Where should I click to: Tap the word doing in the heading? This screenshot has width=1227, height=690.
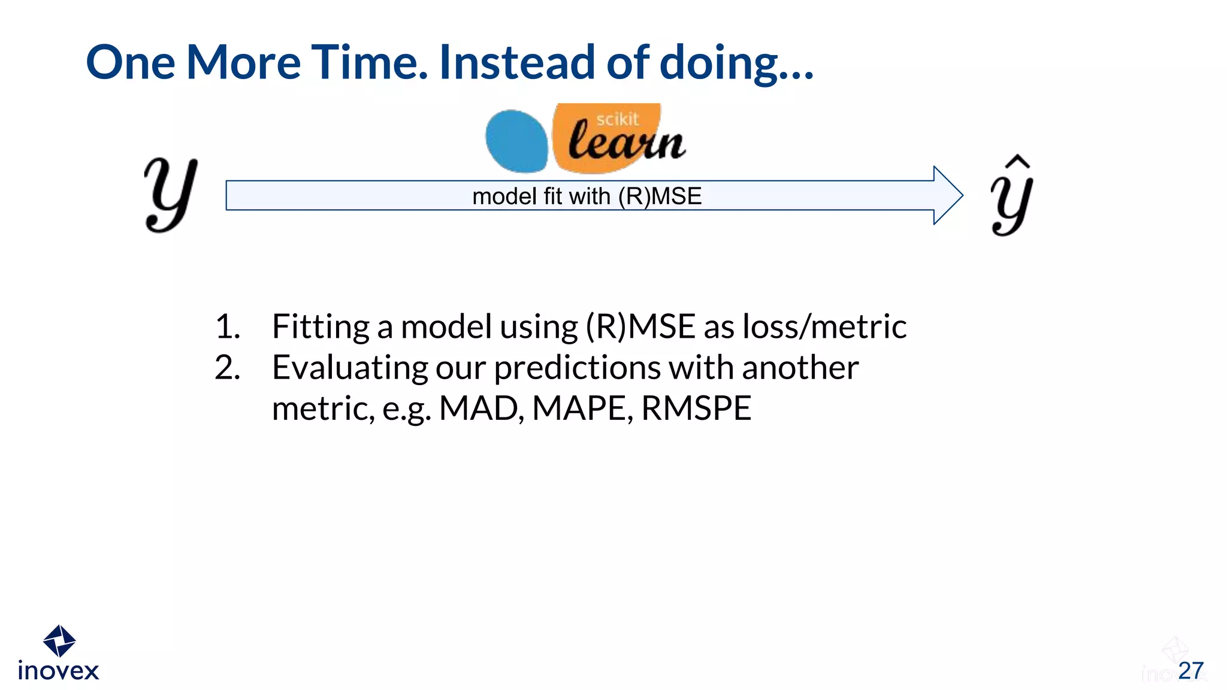tap(719, 63)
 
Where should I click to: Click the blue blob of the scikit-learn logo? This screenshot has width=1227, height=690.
tap(516, 141)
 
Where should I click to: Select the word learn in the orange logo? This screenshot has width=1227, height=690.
tap(625, 143)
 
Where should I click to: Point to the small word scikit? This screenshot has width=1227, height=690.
tap(617, 119)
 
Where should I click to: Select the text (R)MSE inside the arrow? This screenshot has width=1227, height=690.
tap(660, 196)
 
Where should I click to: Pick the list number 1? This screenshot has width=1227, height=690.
tap(227, 327)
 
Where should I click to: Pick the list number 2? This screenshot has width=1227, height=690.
tap(227, 368)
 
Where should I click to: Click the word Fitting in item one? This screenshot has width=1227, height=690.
tap(321, 327)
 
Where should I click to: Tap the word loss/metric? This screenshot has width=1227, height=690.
tap(824, 327)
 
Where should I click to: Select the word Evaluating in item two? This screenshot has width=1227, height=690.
tap(350, 368)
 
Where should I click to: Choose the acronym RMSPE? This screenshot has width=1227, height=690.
tap(696, 408)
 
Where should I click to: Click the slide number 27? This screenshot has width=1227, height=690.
tap(1190, 671)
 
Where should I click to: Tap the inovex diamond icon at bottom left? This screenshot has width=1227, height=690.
tap(59, 641)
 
